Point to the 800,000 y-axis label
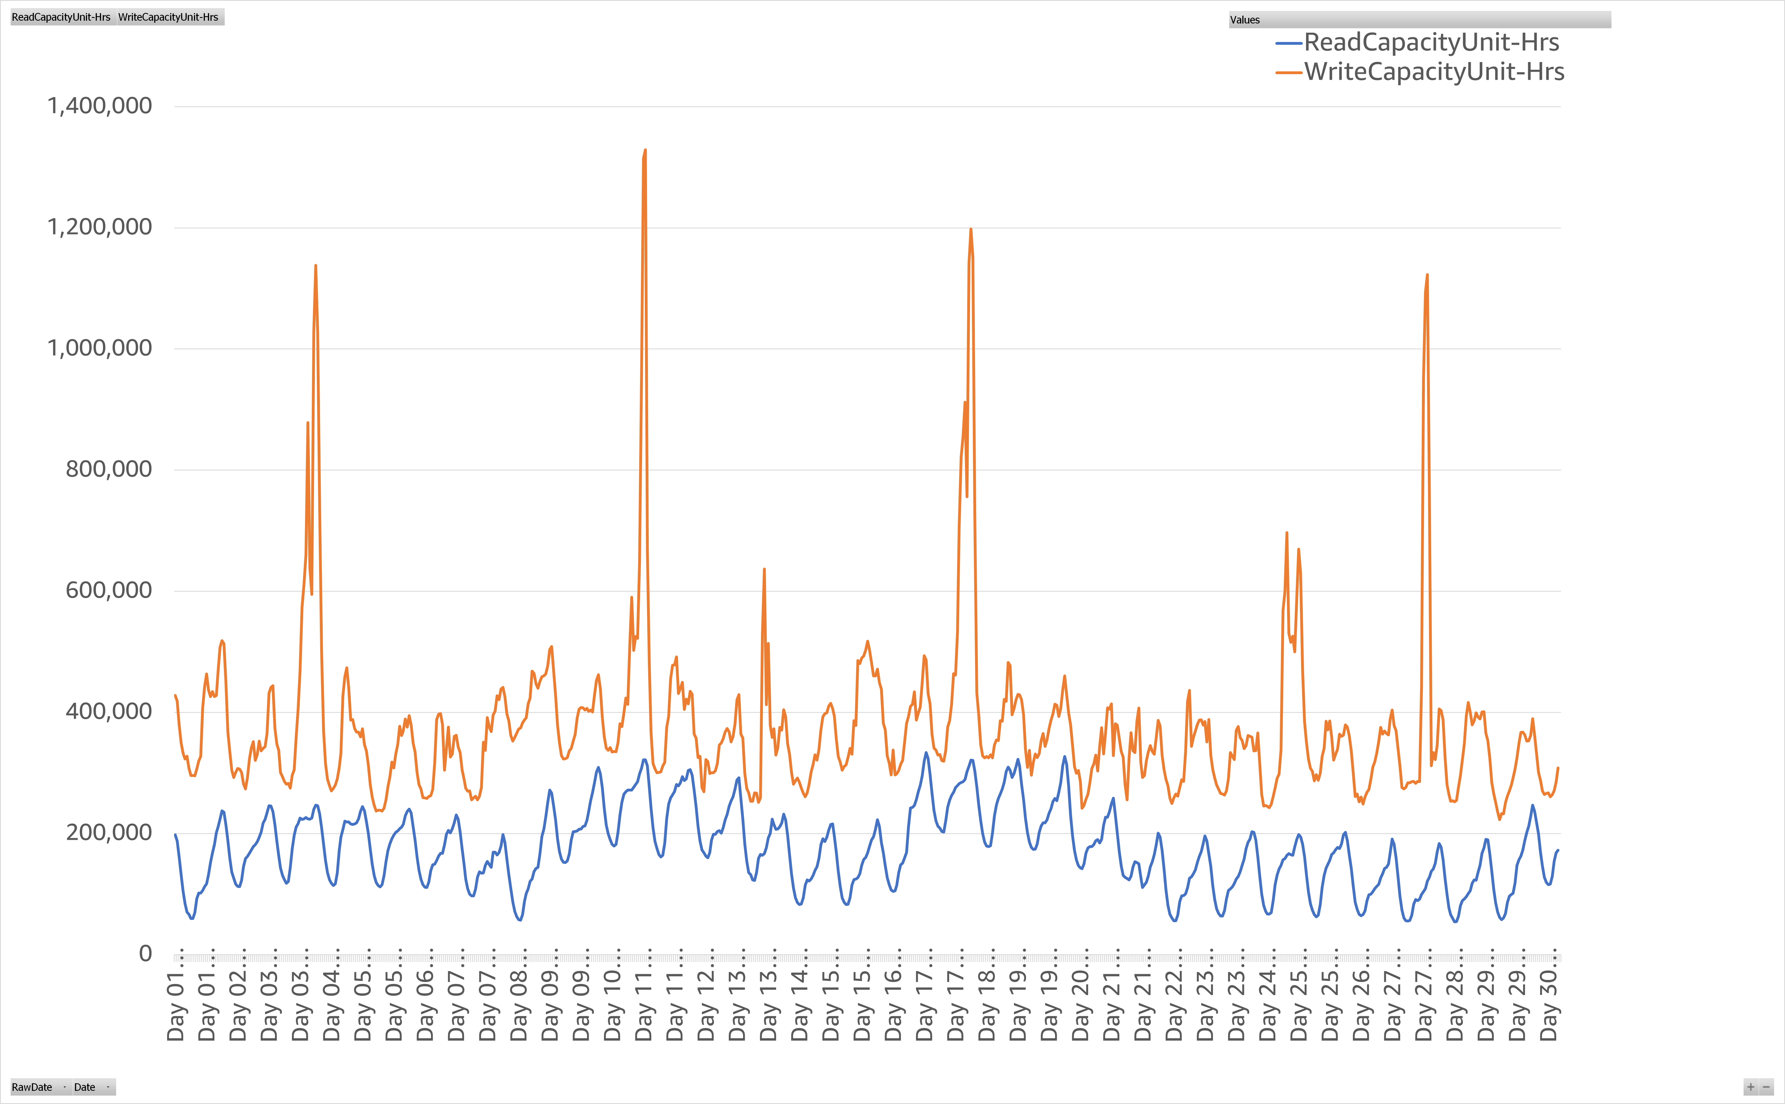click(x=109, y=469)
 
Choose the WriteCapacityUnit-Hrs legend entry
click(x=1433, y=72)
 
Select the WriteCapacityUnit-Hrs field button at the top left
click(x=169, y=17)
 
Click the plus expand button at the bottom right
click(x=1750, y=1087)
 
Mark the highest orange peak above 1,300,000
click(x=645, y=150)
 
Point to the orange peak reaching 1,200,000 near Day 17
click(x=970, y=229)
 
